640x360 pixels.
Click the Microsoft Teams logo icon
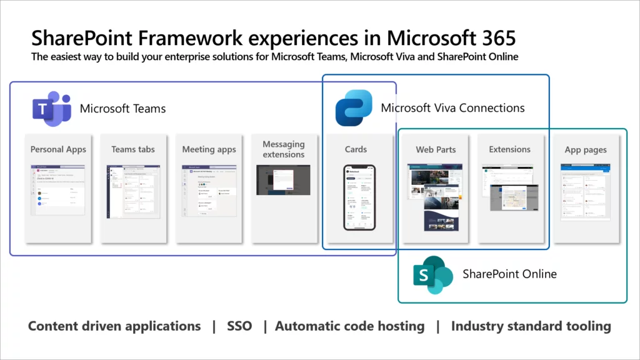(x=51, y=108)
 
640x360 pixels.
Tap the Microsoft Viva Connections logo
(x=354, y=108)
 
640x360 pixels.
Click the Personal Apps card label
(x=58, y=149)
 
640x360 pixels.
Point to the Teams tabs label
(x=133, y=149)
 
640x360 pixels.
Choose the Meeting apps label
(x=209, y=149)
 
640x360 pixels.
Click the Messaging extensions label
(x=284, y=149)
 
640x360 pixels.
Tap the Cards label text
(x=356, y=149)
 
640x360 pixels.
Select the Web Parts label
(x=436, y=149)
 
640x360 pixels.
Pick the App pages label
(x=586, y=149)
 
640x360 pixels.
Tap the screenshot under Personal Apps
(x=58, y=191)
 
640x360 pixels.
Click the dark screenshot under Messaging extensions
(x=283, y=179)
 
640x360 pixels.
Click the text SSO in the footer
(x=239, y=326)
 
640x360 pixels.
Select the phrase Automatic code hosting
(x=349, y=326)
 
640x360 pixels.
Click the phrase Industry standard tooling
(x=531, y=326)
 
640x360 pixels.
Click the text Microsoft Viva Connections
(x=452, y=108)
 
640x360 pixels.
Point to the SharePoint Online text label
(x=509, y=274)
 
